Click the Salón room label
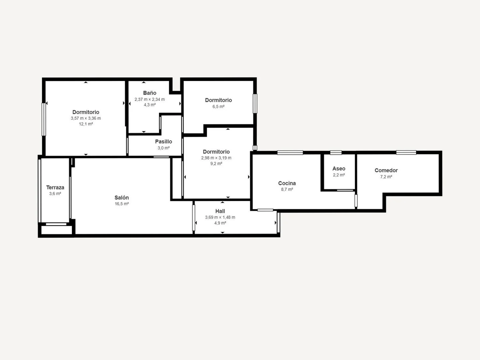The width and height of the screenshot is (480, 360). click(122, 198)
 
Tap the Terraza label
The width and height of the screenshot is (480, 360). click(55, 187)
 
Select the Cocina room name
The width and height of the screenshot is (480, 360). click(287, 183)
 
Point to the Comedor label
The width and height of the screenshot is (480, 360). click(386, 170)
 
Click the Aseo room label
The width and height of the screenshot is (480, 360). click(339, 169)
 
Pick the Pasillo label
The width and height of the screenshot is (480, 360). click(164, 141)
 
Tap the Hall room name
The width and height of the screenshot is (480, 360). click(220, 211)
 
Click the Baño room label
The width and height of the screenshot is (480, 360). click(150, 93)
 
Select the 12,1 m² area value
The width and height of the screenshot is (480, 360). click(86, 124)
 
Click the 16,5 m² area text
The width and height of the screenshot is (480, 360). click(122, 204)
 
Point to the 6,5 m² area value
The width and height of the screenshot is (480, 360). click(218, 106)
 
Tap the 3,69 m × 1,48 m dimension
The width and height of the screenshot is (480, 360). click(220, 217)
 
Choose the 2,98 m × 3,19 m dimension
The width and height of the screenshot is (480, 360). click(216, 158)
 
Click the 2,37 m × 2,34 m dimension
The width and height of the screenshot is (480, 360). click(150, 99)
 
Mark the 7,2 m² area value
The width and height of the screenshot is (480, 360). click(386, 177)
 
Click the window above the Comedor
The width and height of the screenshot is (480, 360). click(406, 152)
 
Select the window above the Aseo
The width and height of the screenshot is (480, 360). click(336, 153)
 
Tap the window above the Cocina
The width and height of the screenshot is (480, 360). click(290, 153)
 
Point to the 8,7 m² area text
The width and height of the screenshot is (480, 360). click(287, 189)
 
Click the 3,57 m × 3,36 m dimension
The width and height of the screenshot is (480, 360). click(86, 118)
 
